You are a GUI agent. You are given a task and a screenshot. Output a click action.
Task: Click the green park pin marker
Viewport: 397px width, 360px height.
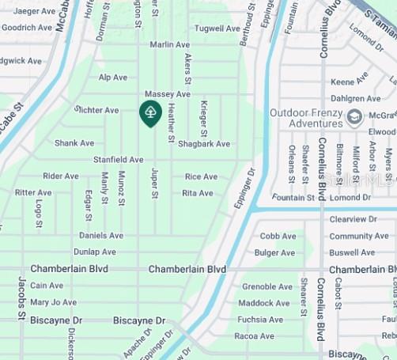point(150,113)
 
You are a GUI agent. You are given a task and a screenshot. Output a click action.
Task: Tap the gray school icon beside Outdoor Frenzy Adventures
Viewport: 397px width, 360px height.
point(354,117)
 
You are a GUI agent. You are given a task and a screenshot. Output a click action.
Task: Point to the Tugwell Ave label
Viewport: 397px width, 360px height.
point(217,28)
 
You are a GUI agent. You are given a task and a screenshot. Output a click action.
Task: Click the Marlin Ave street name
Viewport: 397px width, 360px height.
point(170,45)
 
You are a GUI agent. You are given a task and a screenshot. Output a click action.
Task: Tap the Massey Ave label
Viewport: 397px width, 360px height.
point(167,94)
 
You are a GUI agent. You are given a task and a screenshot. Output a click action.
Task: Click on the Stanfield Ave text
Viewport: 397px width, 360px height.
point(118,160)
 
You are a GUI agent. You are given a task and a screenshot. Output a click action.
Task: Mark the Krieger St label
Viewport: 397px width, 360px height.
point(204,117)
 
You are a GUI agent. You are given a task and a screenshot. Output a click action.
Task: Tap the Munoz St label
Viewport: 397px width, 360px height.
point(121,188)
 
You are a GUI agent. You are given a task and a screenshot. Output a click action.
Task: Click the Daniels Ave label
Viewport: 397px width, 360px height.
point(101,236)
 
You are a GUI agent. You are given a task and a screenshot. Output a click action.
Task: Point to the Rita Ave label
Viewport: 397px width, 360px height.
point(198,193)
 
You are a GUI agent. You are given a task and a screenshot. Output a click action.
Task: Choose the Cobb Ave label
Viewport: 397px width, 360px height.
point(278,236)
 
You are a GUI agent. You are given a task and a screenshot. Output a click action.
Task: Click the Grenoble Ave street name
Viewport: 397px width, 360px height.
point(267,287)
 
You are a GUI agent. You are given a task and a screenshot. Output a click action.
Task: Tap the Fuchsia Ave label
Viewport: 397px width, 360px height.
point(260,320)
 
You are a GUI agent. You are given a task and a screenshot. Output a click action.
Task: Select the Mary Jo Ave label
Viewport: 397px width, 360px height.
point(53,302)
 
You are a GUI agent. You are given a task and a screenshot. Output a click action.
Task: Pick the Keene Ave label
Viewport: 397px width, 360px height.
point(349,82)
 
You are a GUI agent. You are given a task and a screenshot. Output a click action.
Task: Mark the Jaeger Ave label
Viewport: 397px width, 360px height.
point(33,11)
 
